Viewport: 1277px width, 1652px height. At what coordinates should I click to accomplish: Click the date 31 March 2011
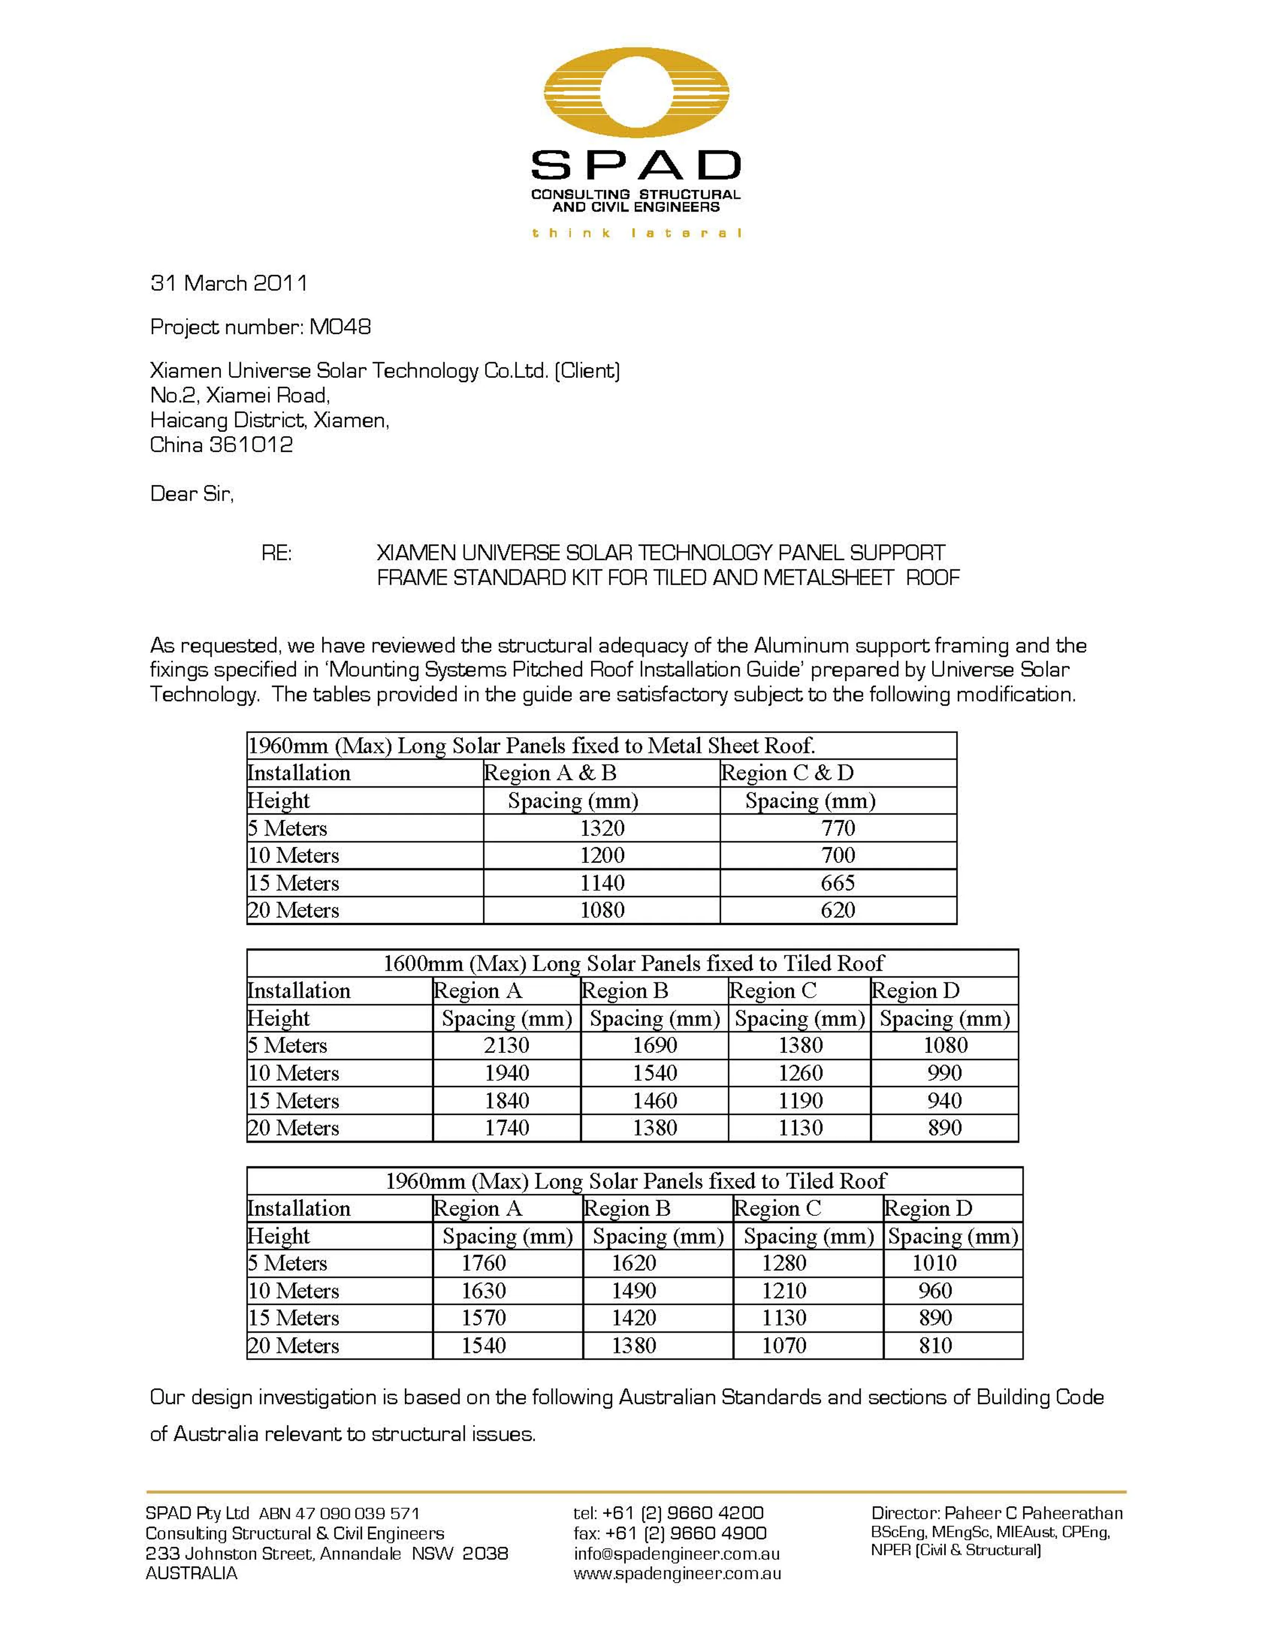point(229,284)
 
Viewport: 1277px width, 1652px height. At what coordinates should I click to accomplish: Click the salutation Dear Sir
point(191,494)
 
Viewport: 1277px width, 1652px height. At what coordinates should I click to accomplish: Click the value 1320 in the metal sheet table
point(602,828)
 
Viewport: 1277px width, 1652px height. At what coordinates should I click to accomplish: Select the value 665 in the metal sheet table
point(837,883)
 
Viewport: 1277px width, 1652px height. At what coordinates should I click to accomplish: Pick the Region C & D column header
point(787,773)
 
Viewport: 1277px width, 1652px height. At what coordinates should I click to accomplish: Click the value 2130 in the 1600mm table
point(506,1045)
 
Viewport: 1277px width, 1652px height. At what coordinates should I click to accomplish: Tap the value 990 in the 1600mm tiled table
point(944,1073)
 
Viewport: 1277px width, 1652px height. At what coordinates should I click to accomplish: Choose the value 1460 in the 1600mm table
point(654,1101)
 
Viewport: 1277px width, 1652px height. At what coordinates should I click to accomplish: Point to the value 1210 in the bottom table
point(784,1290)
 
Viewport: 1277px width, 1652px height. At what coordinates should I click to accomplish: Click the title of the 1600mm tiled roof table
point(632,963)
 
